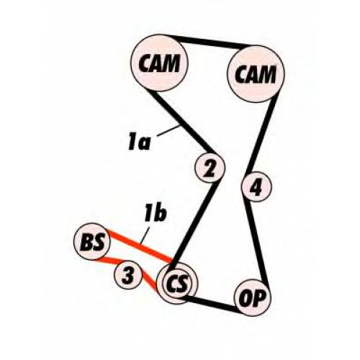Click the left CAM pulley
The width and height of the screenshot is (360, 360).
[x=159, y=63]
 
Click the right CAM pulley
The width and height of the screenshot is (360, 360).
[x=256, y=73]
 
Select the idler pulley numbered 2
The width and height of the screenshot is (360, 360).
[x=210, y=167]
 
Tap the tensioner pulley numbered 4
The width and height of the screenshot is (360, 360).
[x=256, y=186]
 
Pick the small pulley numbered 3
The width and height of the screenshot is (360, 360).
[x=127, y=275]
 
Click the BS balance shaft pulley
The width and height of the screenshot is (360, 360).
[x=92, y=241]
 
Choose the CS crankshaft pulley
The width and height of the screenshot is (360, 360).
[x=177, y=283]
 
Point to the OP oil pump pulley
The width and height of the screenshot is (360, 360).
[x=252, y=297]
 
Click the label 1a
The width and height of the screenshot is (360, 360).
[x=139, y=143]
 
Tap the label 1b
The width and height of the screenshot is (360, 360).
[x=156, y=213]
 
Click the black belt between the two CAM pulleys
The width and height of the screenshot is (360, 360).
[x=208, y=42]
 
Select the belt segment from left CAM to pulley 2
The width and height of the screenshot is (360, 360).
[x=180, y=122]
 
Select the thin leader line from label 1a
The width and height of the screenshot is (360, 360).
[x=168, y=131]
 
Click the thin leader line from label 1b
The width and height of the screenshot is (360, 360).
[x=145, y=236]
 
